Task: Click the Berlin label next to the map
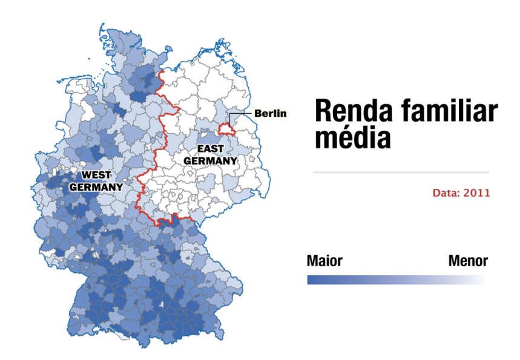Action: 270,113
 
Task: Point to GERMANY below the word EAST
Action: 211,161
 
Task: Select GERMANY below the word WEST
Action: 96,187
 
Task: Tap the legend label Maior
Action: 324,261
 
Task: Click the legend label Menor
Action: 468,261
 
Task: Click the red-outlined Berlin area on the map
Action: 226,129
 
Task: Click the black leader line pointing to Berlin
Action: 242,113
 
